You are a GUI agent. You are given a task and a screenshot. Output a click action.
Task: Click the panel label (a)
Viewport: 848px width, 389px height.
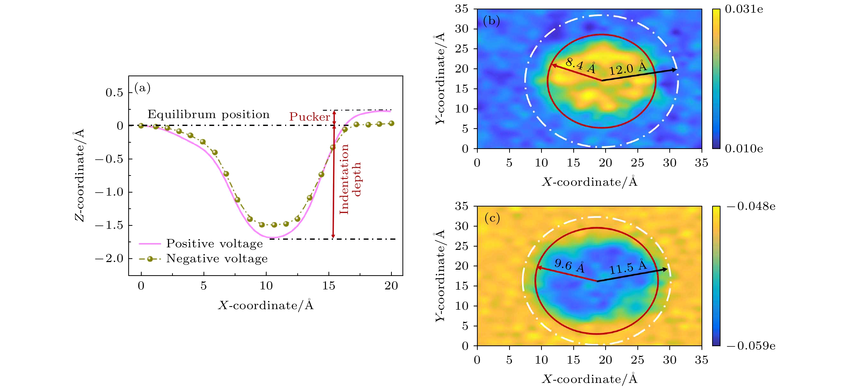tap(142, 88)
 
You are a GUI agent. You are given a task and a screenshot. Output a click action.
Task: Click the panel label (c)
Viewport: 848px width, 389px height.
tap(492, 218)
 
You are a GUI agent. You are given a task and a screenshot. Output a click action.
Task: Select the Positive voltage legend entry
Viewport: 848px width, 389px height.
tap(214, 244)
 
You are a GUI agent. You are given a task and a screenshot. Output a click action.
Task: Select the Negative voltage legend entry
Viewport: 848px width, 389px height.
tap(217, 259)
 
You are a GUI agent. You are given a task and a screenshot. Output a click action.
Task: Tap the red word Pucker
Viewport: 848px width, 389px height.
tap(309, 117)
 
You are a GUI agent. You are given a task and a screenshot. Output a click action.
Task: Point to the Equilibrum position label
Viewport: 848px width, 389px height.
tap(208, 114)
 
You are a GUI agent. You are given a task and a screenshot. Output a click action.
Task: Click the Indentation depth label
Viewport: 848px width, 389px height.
tap(350, 179)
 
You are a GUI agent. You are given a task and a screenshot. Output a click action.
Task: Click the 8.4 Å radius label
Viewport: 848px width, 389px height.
tap(581, 66)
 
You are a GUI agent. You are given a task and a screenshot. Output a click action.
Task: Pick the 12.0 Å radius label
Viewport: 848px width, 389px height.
tap(628, 68)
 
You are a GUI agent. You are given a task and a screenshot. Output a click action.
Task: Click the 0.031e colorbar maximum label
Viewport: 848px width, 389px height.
tap(744, 9)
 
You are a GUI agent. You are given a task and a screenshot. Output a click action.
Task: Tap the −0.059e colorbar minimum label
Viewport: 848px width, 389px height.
tap(751, 346)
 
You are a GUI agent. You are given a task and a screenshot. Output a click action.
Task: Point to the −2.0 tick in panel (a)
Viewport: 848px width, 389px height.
tap(109, 259)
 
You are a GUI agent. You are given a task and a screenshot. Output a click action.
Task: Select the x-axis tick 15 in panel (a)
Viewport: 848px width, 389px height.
tap(328, 286)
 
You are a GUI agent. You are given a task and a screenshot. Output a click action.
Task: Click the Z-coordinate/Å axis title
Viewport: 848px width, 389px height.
tap(79, 175)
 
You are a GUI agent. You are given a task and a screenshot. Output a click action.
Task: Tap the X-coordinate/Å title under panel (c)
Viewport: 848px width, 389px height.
tap(589, 379)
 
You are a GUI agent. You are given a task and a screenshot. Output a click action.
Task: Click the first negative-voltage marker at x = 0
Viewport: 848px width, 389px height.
tap(141, 125)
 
